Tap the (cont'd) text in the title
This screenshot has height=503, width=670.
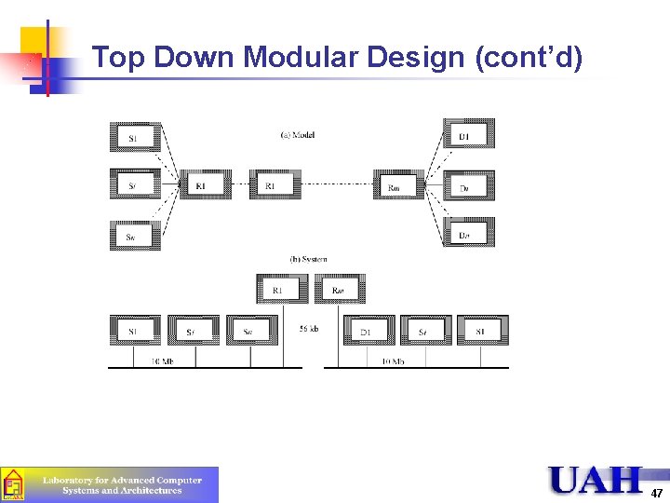pos(529,58)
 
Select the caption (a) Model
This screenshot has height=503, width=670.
pos(298,135)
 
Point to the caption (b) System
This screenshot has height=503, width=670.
pos(308,259)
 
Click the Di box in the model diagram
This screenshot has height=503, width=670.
pos(467,186)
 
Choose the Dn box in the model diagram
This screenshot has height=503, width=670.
pos(467,233)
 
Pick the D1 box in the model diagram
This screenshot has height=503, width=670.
pos(467,136)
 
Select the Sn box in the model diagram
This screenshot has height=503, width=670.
pos(135,235)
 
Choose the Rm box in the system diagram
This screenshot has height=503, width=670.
pos(340,289)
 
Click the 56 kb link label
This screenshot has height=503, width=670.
pos(310,329)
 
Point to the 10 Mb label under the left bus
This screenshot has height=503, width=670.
pos(163,360)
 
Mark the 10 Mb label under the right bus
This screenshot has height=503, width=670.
pos(392,360)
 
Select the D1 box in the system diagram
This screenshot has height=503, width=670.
pos(368,331)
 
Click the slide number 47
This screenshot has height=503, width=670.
pos(657,493)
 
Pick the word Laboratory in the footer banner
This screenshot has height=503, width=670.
pos(70,480)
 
